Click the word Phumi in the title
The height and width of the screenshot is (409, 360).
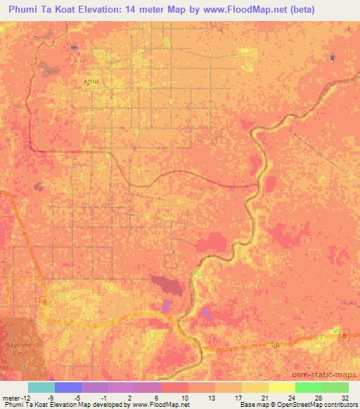(26, 10)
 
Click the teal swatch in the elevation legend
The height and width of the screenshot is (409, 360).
(41, 387)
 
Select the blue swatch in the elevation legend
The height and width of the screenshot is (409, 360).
(67, 387)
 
